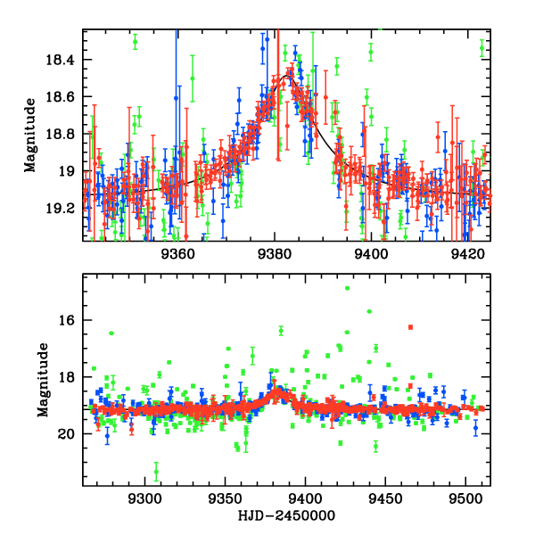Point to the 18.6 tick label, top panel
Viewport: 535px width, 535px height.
point(62,96)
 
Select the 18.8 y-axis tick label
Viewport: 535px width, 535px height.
point(62,134)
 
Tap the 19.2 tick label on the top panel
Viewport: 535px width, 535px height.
point(62,208)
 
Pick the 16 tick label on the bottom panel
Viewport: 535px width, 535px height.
point(69,320)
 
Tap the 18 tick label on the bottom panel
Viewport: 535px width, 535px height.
point(69,377)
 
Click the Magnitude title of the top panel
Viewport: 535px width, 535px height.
point(30,135)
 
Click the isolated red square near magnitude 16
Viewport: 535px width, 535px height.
point(410,327)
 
